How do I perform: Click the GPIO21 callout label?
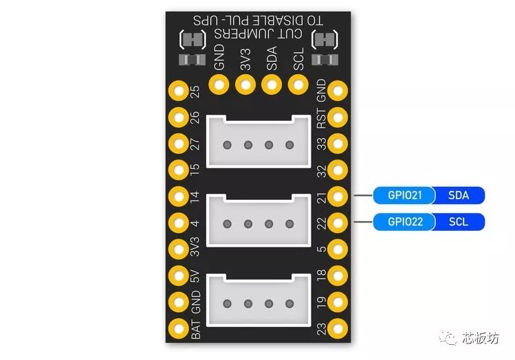pos(404,196)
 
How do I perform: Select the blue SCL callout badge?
pos(459,222)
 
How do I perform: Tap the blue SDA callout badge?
pos(459,196)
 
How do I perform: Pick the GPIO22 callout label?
pos(404,222)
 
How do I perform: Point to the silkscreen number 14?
pos(195,196)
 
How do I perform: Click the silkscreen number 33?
pos(322,144)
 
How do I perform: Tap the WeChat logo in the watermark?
pos(448,337)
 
